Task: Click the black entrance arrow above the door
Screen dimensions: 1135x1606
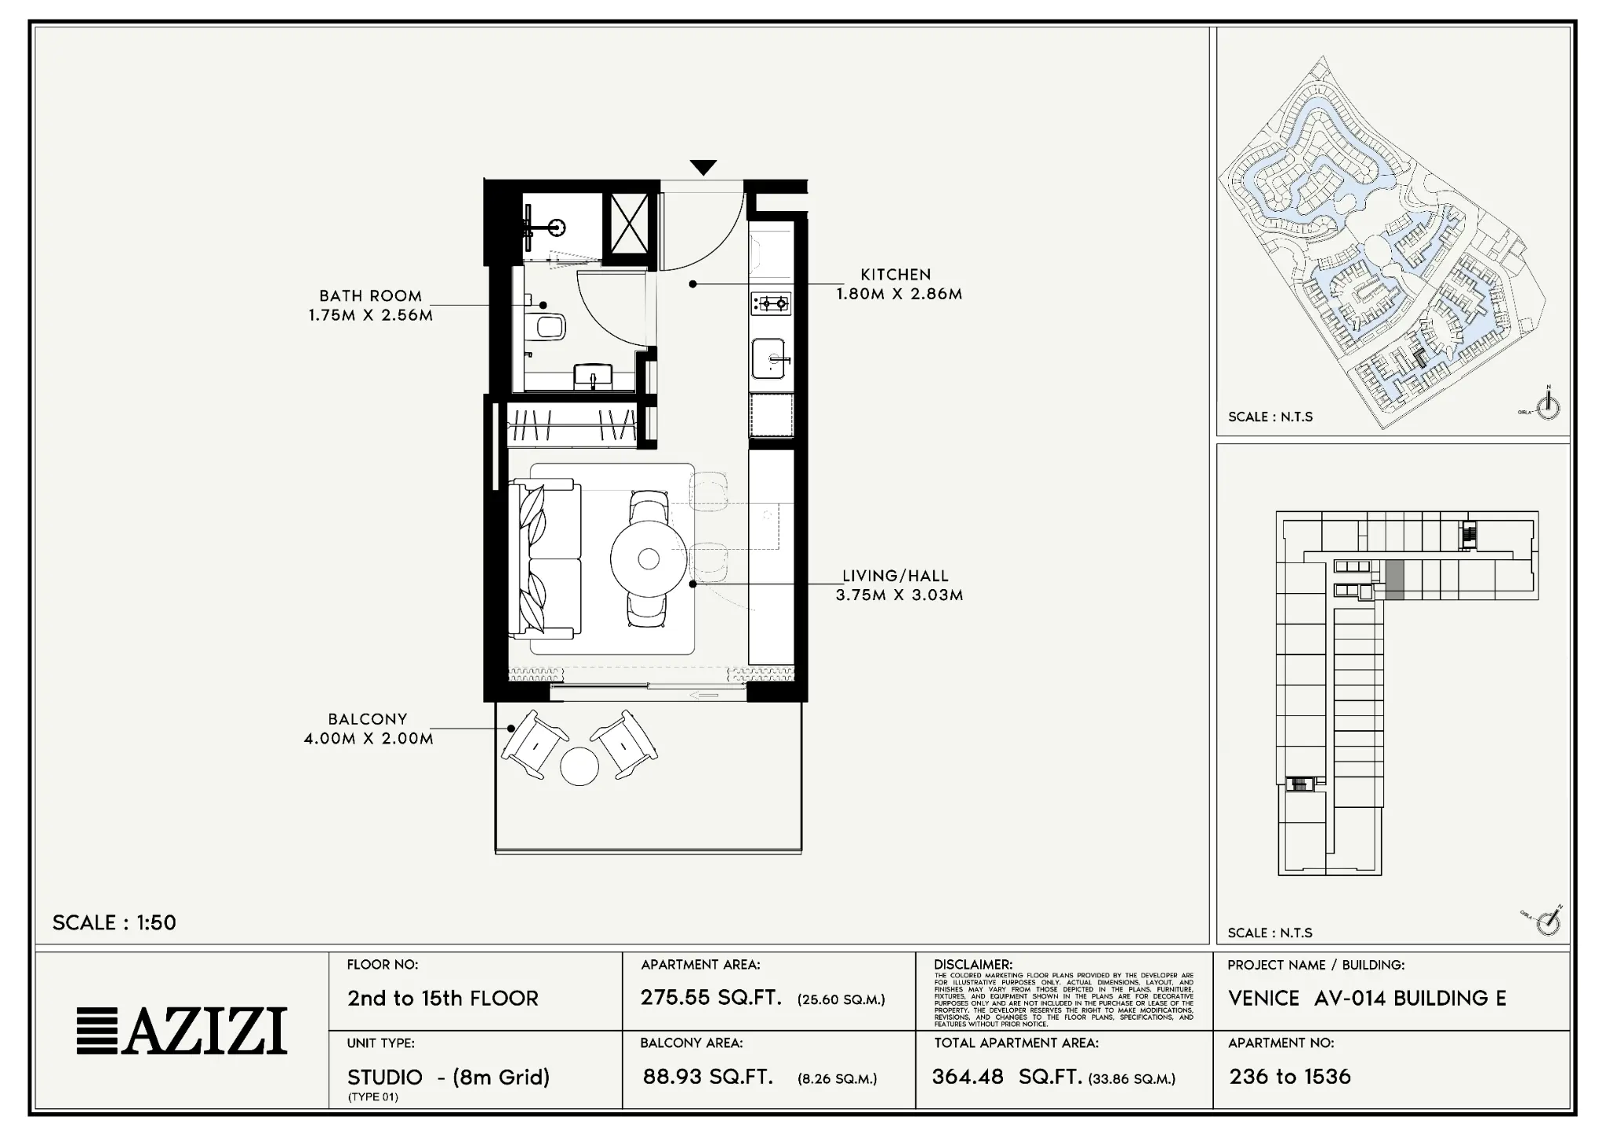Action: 703,167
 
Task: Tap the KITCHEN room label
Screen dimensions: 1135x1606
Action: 896,275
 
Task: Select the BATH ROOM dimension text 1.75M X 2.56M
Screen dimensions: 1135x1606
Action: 370,315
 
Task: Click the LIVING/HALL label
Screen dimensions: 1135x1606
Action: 896,576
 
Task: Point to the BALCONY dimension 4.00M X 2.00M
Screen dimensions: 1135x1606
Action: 369,738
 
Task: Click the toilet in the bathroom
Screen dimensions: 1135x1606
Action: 548,326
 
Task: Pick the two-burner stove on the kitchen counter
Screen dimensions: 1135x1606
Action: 771,303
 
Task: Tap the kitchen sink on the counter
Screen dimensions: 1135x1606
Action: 771,359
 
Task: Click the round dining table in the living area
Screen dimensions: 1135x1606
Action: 649,558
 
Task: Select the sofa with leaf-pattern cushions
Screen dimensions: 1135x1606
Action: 544,558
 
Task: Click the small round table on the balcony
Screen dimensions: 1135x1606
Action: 580,766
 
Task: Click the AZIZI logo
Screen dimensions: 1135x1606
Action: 182,1031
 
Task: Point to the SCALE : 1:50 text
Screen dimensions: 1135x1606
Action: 114,922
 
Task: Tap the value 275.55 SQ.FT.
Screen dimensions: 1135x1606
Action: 710,998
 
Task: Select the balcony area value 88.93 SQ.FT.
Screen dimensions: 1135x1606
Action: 707,1077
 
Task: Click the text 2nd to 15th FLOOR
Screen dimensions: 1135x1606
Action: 443,999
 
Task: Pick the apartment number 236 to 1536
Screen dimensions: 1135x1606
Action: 1290,1076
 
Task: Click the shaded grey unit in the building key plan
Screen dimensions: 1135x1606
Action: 1394,581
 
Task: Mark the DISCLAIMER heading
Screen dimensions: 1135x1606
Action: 972,965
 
